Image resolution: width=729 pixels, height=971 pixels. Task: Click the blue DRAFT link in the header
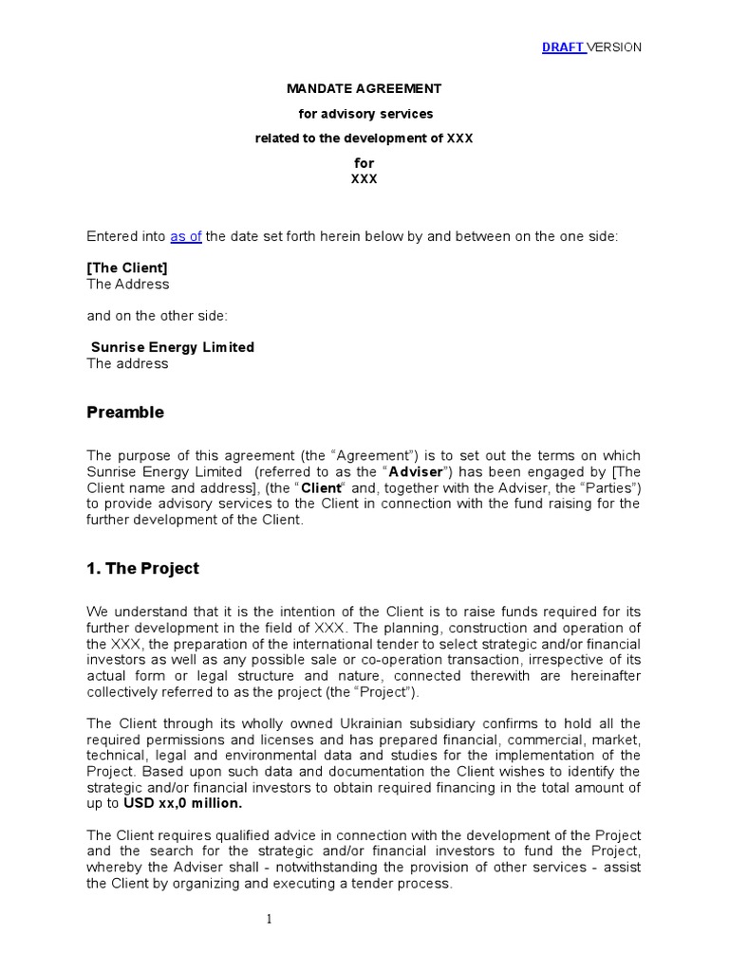[x=563, y=47]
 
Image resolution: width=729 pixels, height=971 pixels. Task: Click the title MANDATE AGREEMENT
[x=364, y=88]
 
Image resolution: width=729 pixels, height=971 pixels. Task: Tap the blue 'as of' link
[x=186, y=236]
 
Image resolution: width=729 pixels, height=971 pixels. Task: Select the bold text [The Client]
[x=127, y=267]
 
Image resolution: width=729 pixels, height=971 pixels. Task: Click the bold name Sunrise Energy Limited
[x=173, y=347]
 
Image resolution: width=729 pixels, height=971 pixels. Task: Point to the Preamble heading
[x=125, y=412]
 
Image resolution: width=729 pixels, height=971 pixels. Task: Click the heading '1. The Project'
[x=143, y=569]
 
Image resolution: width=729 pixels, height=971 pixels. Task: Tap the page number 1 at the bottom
[x=270, y=919]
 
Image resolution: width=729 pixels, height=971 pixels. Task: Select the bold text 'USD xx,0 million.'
[x=182, y=803]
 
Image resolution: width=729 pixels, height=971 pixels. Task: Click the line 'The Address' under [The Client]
[x=128, y=284]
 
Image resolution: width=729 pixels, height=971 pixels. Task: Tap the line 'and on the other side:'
[x=158, y=315]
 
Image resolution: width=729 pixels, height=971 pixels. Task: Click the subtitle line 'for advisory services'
[x=364, y=114]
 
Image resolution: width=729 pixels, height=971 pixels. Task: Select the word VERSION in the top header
[x=614, y=47]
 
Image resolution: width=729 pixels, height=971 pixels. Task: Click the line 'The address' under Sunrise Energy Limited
[x=128, y=363]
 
